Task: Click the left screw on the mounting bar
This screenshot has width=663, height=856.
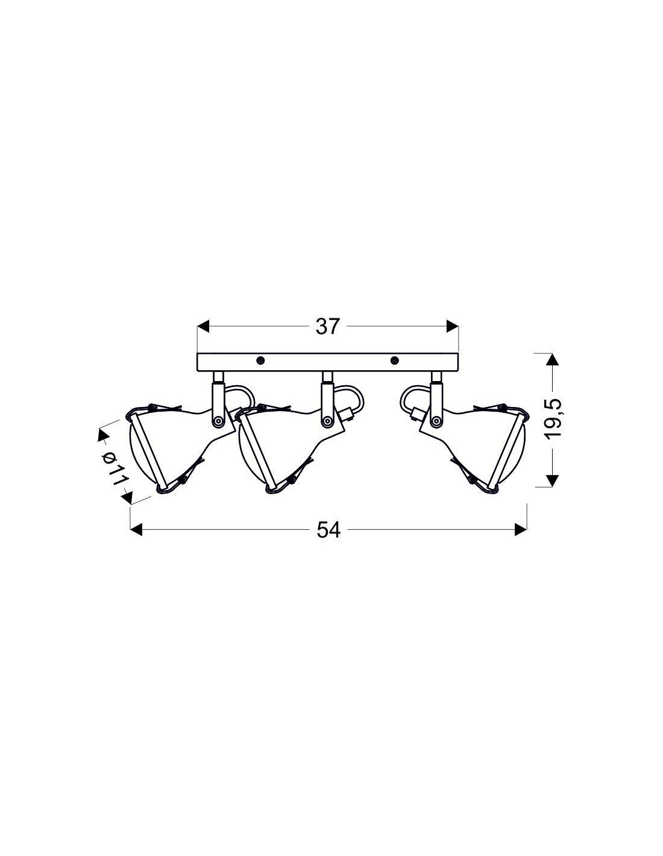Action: [x=260, y=360]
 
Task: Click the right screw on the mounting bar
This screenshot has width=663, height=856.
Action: [x=394, y=360]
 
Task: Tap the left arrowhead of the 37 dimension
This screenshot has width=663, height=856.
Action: [x=203, y=326]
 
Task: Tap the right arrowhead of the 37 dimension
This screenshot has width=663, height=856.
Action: [x=453, y=326]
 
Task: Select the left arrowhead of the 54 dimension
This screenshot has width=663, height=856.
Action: [x=136, y=530]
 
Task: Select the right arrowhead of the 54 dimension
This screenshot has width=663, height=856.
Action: [x=521, y=530]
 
